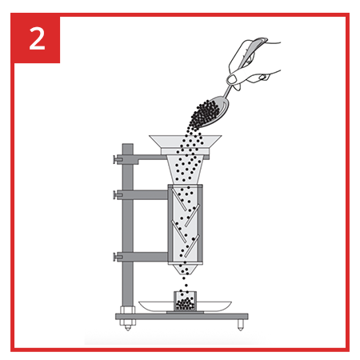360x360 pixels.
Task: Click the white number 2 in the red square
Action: click(x=37, y=39)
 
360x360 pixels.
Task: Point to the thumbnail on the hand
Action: click(x=232, y=78)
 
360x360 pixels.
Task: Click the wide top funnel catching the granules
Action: click(x=186, y=145)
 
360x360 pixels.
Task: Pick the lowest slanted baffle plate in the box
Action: click(x=192, y=246)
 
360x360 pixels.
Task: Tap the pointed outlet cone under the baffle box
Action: click(x=185, y=270)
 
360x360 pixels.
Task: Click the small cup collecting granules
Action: click(x=186, y=301)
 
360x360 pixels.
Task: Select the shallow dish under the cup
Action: click(x=185, y=306)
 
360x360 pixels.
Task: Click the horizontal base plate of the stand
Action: click(x=182, y=317)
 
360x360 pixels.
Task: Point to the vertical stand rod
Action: click(x=128, y=226)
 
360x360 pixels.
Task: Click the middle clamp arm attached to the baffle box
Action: click(x=142, y=195)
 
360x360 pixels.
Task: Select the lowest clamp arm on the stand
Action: click(x=142, y=257)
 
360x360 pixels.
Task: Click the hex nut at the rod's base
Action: click(x=128, y=310)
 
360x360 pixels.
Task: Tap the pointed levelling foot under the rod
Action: click(x=128, y=326)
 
